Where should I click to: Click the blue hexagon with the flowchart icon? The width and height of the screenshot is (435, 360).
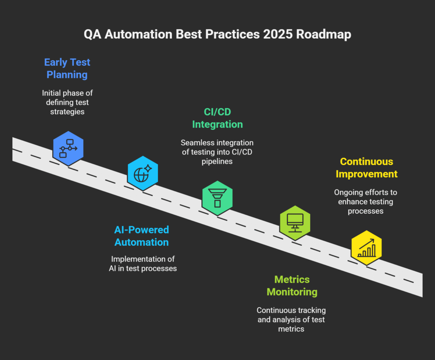(68, 149)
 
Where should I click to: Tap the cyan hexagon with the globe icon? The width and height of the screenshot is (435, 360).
(143, 173)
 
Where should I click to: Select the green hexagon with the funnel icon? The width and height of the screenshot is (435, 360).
(217, 198)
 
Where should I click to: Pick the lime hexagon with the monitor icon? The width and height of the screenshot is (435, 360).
(295, 223)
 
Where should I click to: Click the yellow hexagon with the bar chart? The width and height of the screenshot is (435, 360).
(367, 247)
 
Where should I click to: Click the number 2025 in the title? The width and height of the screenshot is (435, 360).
(278, 34)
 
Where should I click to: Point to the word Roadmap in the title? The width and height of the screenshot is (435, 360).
(324, 35)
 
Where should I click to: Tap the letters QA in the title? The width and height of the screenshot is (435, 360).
(92, 35)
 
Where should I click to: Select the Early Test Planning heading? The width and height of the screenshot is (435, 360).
(67, 68)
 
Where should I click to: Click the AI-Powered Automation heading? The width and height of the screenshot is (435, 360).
(141, 236)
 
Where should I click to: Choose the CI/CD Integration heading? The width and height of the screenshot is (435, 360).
(217, 118)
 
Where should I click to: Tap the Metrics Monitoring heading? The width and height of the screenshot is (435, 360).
(292, 286)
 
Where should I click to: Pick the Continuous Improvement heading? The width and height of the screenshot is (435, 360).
(367, 168)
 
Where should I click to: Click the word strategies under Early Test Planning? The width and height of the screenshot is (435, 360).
(68, 112)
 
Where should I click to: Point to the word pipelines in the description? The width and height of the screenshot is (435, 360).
(217, 161)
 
